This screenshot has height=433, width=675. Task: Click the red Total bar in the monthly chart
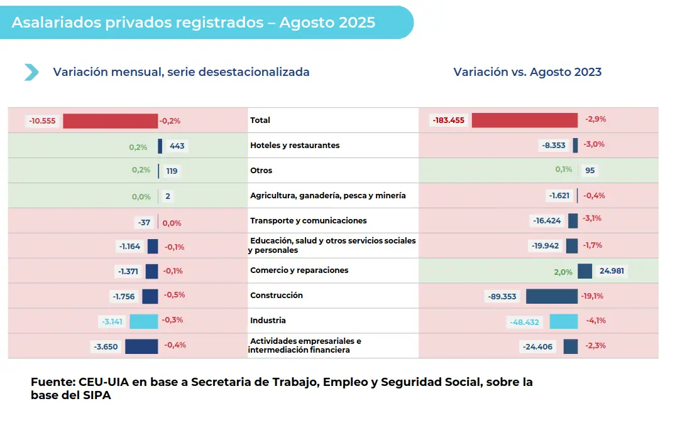coord(110,121)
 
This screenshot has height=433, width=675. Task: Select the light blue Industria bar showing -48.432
coord(563,321)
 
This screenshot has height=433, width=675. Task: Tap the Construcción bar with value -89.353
coord(551,296)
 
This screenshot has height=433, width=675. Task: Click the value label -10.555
coord(43,121)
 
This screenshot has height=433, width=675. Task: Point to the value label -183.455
coord(449,120)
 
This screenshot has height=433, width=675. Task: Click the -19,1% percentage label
coord(594,296)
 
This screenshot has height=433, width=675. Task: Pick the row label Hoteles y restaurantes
coord(294,146)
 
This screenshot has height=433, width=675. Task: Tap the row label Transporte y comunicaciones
coord(308,221)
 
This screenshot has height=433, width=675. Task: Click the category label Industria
coord(268,321)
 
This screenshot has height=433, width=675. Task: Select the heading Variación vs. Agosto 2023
coord(527,72)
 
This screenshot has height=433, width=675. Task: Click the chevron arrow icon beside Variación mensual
coord(31,72)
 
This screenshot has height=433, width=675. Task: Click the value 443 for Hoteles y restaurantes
coord(177,146)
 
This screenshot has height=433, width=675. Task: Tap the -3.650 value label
coord(106,346)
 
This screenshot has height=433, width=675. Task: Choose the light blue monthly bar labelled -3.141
coord(143,321)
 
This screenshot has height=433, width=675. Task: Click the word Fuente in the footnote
coord(52,382)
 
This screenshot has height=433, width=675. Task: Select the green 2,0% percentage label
coord(563,272)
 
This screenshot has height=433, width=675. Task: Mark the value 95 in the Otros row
coord(589,171)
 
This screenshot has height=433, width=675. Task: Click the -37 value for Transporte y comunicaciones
coord(144,222)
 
